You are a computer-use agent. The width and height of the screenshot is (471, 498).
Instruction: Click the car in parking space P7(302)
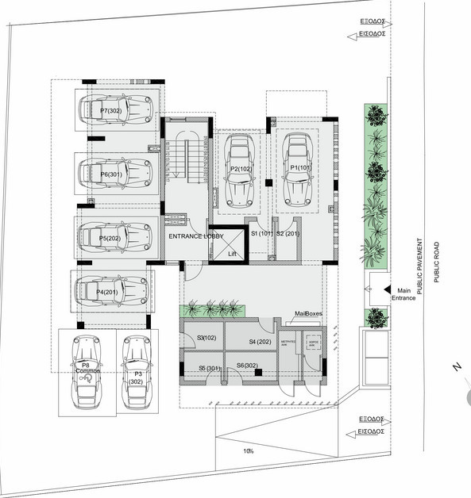click(x=115, y=109)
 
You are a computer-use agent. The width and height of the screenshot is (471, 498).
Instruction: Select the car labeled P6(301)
click(x=115, y=172)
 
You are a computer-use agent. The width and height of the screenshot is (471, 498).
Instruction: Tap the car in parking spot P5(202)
click(x=115, y=236)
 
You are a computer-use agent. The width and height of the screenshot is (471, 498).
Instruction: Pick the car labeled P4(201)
click(x=112, y=291)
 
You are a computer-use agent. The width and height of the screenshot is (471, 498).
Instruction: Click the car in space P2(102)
click(x=239, y=169)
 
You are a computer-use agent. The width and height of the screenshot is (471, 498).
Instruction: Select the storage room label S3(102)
click(x=205, y=338)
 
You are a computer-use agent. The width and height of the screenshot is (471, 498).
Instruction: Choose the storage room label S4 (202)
click(x=259, y=342)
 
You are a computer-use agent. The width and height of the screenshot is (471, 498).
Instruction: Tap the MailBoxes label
click(x=308, y=314)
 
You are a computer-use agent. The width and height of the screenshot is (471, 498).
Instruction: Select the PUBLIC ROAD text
click(x=436, y=262)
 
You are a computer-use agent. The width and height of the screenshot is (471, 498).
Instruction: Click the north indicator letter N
click(x=455, y=367)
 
